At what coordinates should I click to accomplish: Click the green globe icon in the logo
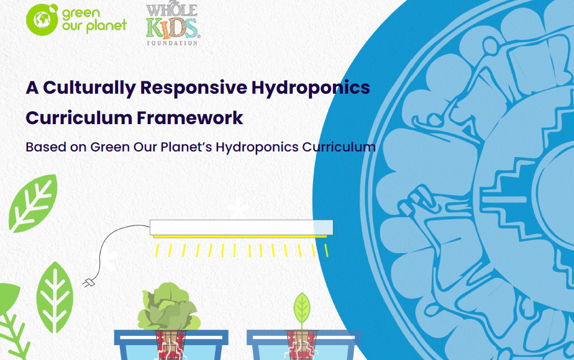tap(42, 20)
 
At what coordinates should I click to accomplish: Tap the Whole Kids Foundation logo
tap(172, 24)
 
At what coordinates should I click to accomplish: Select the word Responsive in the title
tap(194, 88)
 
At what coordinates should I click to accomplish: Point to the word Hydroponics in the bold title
tap(311, 88)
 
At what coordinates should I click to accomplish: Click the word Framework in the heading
tap(189, 118)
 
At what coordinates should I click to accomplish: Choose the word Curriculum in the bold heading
tap(79, 118)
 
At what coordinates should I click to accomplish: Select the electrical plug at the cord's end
tap(88, 283)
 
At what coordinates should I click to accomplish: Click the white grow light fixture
tap(241, 227)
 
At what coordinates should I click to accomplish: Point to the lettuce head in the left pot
tap(169, 307)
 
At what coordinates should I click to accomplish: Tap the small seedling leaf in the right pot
tap(302, 308)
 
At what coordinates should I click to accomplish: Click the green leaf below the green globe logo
tap(33, 203)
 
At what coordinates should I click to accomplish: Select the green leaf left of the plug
tap(55, 297)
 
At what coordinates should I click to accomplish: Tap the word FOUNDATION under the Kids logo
tap(172, 43)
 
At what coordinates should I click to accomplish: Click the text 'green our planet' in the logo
tap(94, 20)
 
